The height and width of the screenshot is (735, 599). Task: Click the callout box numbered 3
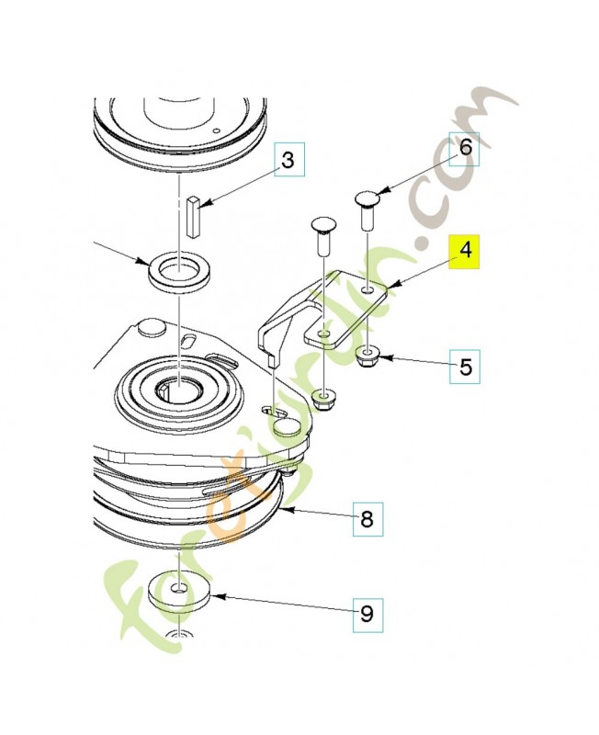(289, 159)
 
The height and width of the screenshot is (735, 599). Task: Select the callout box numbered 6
(465, 149)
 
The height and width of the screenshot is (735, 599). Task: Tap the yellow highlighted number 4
(465, 252)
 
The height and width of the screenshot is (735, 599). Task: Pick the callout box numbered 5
(465, 367)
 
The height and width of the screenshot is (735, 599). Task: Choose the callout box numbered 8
(367, 519)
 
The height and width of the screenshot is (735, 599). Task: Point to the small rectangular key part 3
(193, 218)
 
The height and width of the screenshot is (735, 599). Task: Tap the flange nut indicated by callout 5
(367, 357)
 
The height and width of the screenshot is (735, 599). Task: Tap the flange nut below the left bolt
(323, 400)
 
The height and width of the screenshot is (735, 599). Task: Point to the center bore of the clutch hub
(180, 387)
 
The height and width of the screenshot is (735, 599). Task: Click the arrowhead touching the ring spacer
(142, 261)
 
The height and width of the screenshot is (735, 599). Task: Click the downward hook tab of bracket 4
(271, 359)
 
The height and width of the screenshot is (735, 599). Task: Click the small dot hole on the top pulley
(216, 130)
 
